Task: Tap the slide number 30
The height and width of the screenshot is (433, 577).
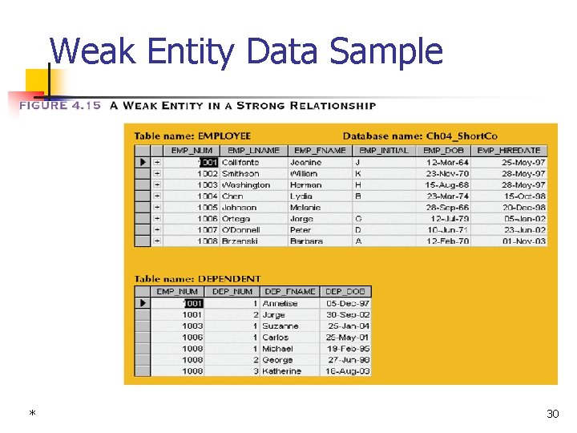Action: [552, 414]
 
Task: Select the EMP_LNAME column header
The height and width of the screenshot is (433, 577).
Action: [253, 150]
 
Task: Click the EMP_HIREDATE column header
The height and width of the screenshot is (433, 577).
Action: [509, 150]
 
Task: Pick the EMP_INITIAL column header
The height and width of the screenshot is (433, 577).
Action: [384, 150]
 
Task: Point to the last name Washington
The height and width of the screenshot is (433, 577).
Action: [246, 184]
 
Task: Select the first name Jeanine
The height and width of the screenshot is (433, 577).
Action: [305, 162]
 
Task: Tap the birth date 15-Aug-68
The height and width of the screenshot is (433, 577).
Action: [447, 184]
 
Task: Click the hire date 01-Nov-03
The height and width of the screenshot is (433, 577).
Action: [524, 241]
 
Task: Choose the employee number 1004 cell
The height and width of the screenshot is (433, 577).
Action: [207, 196]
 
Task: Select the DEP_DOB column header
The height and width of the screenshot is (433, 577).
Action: [346, 292]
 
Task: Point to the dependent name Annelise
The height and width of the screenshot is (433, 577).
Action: [280, 304]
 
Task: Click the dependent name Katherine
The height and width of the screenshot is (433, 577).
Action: [282, 371]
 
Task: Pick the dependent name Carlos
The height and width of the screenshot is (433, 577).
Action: [276, 338]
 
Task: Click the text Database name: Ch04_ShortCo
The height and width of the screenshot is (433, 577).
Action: [420, 136]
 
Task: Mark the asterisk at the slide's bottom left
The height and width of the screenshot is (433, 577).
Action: [32, 415]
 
